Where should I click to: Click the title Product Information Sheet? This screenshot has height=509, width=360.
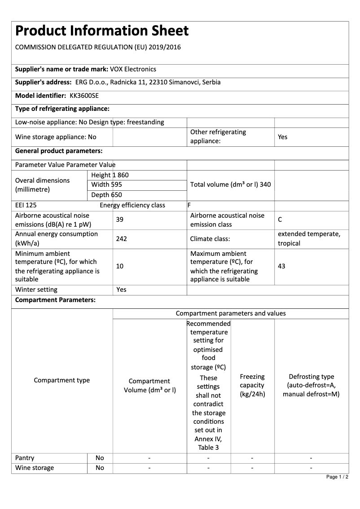(102, 31)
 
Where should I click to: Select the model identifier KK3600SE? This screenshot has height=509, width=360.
(84, 96)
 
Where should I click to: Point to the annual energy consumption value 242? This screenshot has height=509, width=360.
(121, 239)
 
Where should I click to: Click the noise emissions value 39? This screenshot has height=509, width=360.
(120, 219)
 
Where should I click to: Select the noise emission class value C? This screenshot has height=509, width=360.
(280, 219)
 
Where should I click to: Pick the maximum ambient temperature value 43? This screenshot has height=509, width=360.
(281, 266)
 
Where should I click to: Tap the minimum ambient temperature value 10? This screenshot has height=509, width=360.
(120, 266)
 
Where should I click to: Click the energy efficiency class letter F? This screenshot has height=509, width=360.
(189, 205)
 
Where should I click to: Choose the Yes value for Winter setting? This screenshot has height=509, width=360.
(121, 290)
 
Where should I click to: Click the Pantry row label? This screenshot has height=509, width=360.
(25, 458)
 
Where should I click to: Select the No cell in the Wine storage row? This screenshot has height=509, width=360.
(100, 468)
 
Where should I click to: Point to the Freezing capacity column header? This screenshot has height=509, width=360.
(252, 385)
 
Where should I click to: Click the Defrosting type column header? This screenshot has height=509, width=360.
(311, 385)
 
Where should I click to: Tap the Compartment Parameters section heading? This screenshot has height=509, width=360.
(55, 300)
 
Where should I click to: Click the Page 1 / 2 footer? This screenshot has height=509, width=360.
(338, 477)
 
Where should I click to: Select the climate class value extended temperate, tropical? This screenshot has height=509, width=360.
(309, 239)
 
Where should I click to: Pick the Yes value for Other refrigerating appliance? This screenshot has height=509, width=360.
(282, 137)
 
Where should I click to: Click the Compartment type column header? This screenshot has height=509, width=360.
(62, 380)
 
